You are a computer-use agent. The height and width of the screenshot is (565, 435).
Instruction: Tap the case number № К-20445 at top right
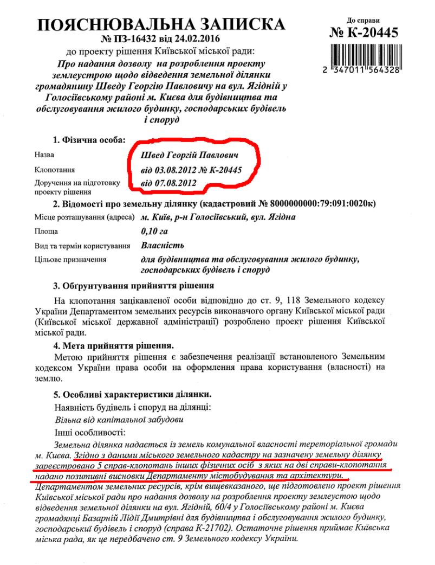(x=364, y=33)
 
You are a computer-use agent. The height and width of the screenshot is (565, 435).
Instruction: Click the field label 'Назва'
(x=44, y=155)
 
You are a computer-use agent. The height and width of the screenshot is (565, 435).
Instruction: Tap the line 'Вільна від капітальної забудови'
(x=119, y=420)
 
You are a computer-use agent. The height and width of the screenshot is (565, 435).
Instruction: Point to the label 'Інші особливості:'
(x=89, y=433)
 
